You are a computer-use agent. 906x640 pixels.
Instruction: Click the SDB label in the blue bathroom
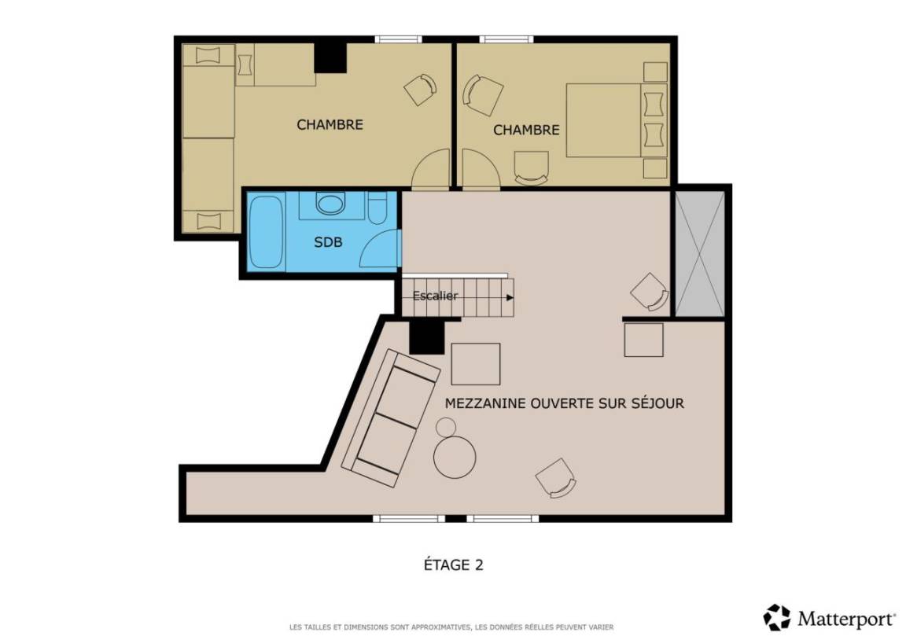coord(328,242)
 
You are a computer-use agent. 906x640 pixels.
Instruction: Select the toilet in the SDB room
coord(377,208)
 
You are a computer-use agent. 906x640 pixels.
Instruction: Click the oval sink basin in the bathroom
coord(330,204)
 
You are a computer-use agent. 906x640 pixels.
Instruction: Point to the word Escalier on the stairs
coord(435,296)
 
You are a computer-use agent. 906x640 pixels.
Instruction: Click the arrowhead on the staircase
coord(510,297)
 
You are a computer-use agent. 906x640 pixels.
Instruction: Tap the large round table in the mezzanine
coord(455,456)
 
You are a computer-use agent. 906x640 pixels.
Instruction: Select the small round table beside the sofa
coord(446,427)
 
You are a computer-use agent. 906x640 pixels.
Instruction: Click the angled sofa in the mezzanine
coord(391,418)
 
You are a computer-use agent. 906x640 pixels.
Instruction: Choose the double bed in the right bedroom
coord(617,120)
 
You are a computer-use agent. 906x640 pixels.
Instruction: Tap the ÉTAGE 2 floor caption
coord(454,565)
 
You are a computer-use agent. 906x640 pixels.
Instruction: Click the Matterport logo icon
coord(776,617)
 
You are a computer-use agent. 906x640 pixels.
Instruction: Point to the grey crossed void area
coord(700,254)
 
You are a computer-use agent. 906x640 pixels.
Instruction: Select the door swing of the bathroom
coord(380,248)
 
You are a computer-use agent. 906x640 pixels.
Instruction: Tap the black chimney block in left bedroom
coord(330,57)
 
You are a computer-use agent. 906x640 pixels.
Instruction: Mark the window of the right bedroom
coord(506,39)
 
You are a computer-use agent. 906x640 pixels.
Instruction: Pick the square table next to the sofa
coord(476,364)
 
